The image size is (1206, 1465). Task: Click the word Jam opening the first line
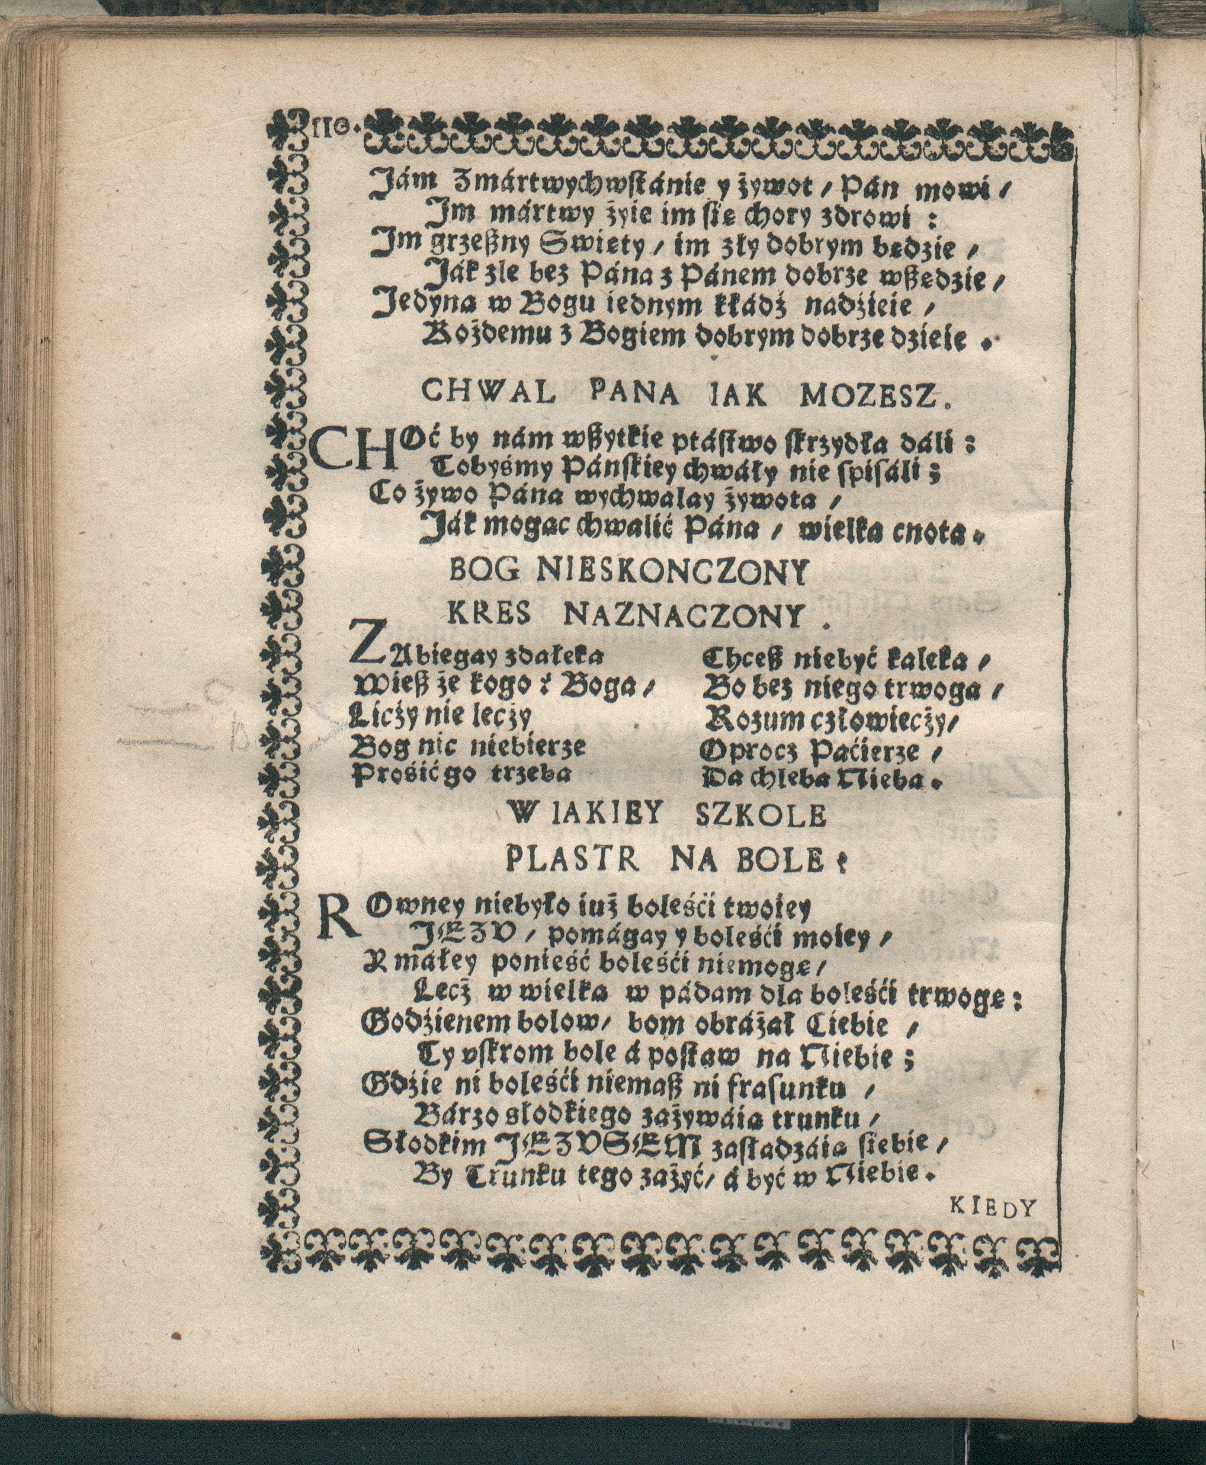coord(397,186)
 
